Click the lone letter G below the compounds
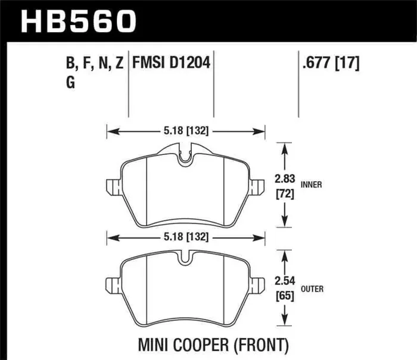(x=71, y=84)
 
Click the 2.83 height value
(x=285, y=178)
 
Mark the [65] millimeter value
(x=285, y=296)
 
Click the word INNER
(x=312, y=185)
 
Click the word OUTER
(x=313, y=290)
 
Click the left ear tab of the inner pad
(x=113, y=186)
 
